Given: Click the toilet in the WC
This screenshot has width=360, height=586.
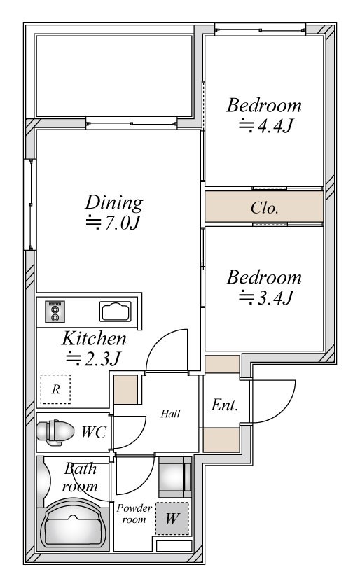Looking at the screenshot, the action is tap(55, 433).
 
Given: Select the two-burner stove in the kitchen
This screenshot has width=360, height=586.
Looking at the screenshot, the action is tap(55, 312).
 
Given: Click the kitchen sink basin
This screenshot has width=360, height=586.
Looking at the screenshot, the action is tap(116, 312).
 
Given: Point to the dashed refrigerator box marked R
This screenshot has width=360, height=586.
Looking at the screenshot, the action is tap(56, 389).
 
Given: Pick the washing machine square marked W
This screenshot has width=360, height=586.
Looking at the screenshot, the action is tap(172, 518).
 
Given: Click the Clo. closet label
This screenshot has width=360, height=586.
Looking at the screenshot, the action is tap(265, 207).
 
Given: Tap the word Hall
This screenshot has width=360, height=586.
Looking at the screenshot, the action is tap(170, 414).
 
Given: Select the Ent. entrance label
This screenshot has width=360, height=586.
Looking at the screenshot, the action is tap(225, 405).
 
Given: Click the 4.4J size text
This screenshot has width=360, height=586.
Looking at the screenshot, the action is tap(265, 125).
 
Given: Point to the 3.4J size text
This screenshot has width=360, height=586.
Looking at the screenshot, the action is tap(265, 298).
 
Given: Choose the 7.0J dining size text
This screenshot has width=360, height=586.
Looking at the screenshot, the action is tap(113, 223).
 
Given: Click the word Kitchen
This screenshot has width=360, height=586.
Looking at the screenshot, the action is tap(95, 339).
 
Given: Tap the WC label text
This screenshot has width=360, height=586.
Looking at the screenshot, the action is tap(94, 433).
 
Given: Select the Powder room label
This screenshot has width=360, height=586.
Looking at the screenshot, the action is tap(134, 513).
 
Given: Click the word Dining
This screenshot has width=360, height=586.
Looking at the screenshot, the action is tap(114, 202).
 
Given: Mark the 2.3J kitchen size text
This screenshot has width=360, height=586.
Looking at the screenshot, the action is tap(93, 358).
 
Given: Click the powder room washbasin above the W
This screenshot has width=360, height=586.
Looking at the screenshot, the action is tap(174, 477).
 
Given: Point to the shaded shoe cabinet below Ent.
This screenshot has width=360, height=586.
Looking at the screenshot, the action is tap(221, 440).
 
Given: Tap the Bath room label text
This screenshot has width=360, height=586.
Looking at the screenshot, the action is tap(80, 477).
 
